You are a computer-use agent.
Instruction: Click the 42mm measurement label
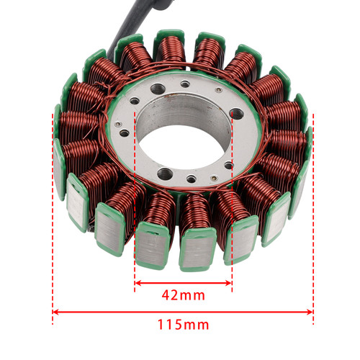184,294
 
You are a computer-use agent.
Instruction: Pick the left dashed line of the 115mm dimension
53,216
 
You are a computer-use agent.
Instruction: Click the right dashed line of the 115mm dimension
313,216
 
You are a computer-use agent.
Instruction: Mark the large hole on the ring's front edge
165,174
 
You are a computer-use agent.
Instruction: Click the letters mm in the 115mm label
196,324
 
